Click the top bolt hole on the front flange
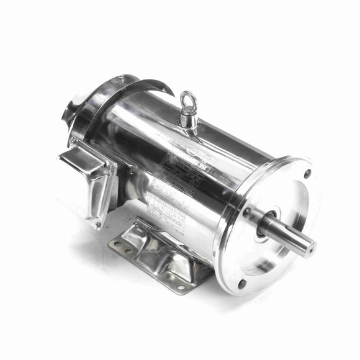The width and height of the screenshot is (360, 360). pyautogui.click(x=307, y=174)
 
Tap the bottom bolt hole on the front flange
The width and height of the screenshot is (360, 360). pyautogui.click(x=241, y=284)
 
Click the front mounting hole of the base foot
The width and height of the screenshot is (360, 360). pyautogui.click(x=181, y=287)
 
